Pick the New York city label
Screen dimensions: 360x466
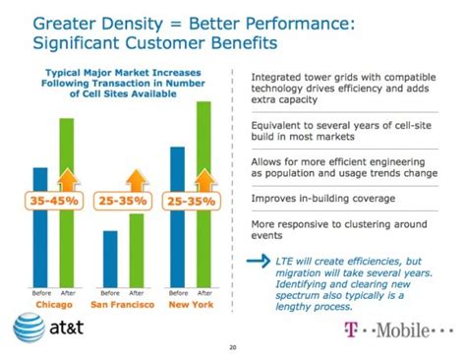click(x=191, y=306)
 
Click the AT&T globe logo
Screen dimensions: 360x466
click(x=27, y=326)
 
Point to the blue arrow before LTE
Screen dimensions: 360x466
click(x=258, y=261)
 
